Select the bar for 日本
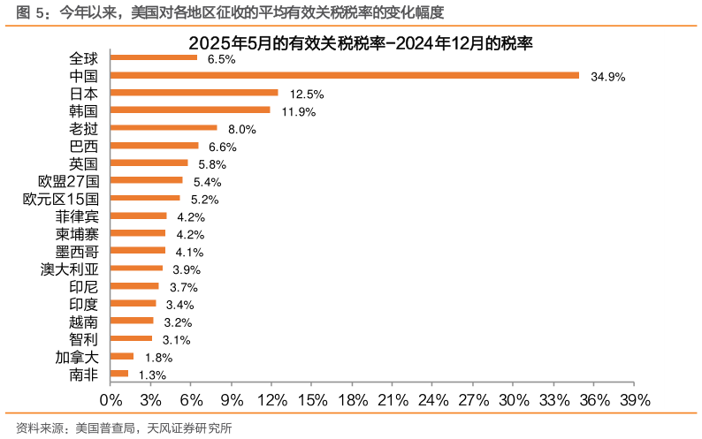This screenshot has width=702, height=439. coord(193,93)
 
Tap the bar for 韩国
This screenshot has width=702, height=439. coord(189,110)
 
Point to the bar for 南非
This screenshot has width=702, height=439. coord(118,375)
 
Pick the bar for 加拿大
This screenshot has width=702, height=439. coord(121,357)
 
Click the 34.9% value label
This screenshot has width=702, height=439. coord(608,77)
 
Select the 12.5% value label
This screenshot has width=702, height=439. coord(307,95)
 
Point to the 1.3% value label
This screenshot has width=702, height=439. coord(152,375)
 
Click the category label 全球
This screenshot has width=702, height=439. coord(84,58)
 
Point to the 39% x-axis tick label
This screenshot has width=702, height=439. coord(634,400)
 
